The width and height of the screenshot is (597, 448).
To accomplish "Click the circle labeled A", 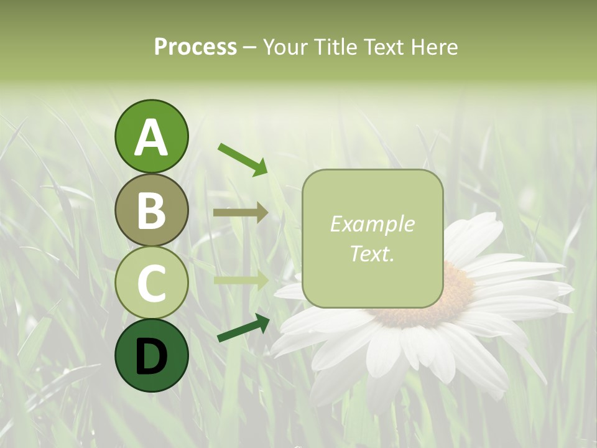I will tap(151, 136).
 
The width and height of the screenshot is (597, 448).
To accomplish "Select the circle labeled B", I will tap(151, 210).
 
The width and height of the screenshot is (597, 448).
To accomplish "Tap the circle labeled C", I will tap(151, 283).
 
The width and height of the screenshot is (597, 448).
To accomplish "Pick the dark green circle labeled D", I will tap(151, 356).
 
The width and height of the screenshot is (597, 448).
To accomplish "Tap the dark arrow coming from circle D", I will tap(243, 328).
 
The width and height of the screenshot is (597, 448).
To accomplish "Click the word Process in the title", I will tap(195, 47).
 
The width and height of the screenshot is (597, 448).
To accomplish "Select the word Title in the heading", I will tap(334, 47).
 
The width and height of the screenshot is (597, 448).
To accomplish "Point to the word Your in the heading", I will tap(285, 47).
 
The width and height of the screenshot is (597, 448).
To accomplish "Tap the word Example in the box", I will tap(372, 224).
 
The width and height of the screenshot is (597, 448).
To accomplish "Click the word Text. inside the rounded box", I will tap(372, 253).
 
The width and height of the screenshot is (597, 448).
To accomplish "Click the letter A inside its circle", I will tap(151, 138).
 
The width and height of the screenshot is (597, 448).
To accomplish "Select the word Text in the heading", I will tap(384, 47).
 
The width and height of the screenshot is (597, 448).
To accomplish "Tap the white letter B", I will tap(151, 211).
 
